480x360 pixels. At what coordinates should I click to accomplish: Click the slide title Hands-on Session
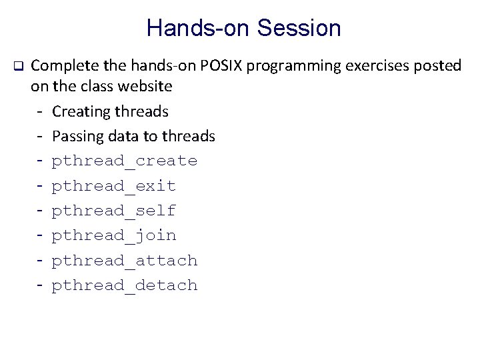click(243, 28)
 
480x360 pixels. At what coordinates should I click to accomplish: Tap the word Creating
click(79, 111)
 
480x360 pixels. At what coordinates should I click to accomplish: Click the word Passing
click(76, 136)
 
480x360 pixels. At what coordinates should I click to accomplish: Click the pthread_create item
click(125, 161)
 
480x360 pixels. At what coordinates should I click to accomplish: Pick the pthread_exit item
click(114, 186)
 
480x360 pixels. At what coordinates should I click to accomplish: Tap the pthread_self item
click(114, 211)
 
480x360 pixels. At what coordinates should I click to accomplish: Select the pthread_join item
click(114, 236)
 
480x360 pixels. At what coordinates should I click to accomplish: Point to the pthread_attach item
click(125, 261)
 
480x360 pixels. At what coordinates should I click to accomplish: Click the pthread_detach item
click(125, 285)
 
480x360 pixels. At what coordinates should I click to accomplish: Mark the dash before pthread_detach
click(41, 285)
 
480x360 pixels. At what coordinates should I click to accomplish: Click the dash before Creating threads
click(41, 111)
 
